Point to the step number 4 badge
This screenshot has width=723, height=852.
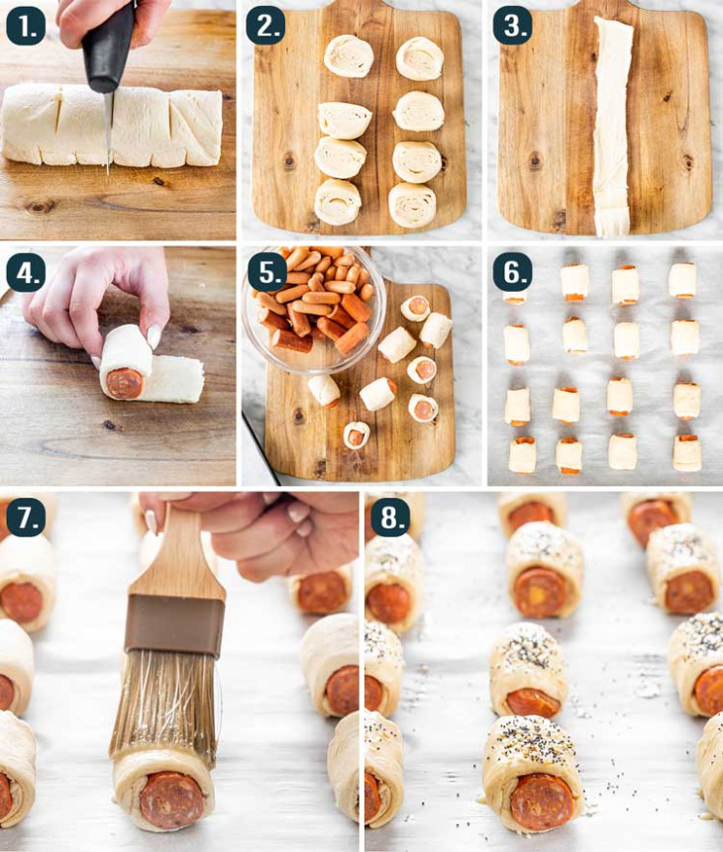[x=26, y=270]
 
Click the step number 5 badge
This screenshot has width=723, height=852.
[x=264, y=270]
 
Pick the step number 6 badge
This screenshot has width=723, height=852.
[x=512, y=270]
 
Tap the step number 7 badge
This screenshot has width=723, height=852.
[x=26, y=518]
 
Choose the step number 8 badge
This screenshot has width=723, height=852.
[x=389, y=518]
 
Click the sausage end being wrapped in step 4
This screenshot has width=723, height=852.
[x=125, y=382]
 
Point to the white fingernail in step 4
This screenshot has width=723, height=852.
[x=154, y=337]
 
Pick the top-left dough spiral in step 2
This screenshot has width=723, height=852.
[x=349, y=55]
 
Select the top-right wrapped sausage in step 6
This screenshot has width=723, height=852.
[x=681, y=280]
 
